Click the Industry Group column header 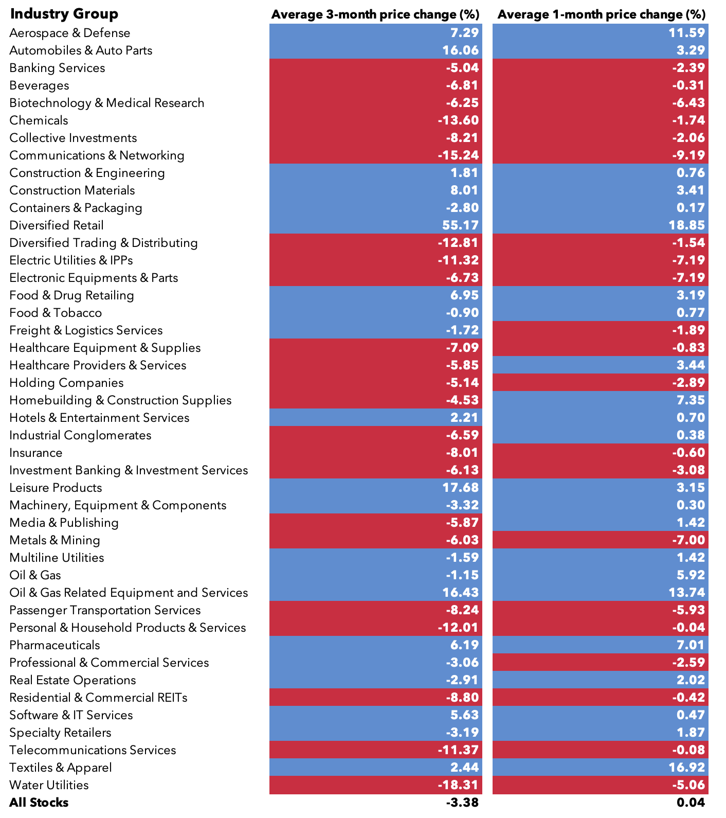click(x=64, y=14)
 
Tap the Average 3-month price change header click(x=375, y=14)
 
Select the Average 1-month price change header click(x=601, y=14)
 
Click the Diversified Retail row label click(x=57, y=225)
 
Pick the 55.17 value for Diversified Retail click(x=460, y=225)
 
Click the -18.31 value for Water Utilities click(x=458, y=785)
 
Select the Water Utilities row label click(x=49, y=785)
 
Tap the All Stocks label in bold click(x=39, y=803)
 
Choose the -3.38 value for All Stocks click(x=462, y=803)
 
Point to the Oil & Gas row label click(x=35, y=575)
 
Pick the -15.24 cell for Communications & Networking click(x=458, y=155)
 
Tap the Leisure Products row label click(x=56, y=488)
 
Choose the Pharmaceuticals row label click(x=55, y=645)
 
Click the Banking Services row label click(x=57, y=68)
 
